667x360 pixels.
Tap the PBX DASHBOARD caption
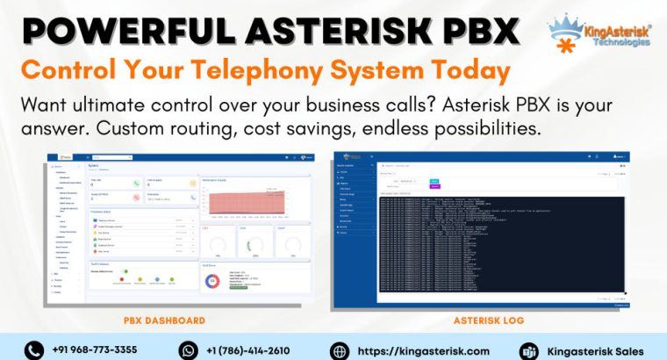(164, 320)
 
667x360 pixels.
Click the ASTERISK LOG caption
(489, 320)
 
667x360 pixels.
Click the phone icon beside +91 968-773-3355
(33, 349)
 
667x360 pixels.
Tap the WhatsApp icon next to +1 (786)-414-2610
(188, 349)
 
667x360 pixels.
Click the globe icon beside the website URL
(340, 349)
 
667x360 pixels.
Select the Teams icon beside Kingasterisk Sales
(529, 349)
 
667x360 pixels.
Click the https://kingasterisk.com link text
(423, 349)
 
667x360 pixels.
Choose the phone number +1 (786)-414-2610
(248, 349)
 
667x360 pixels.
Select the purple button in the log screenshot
(434, 186)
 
